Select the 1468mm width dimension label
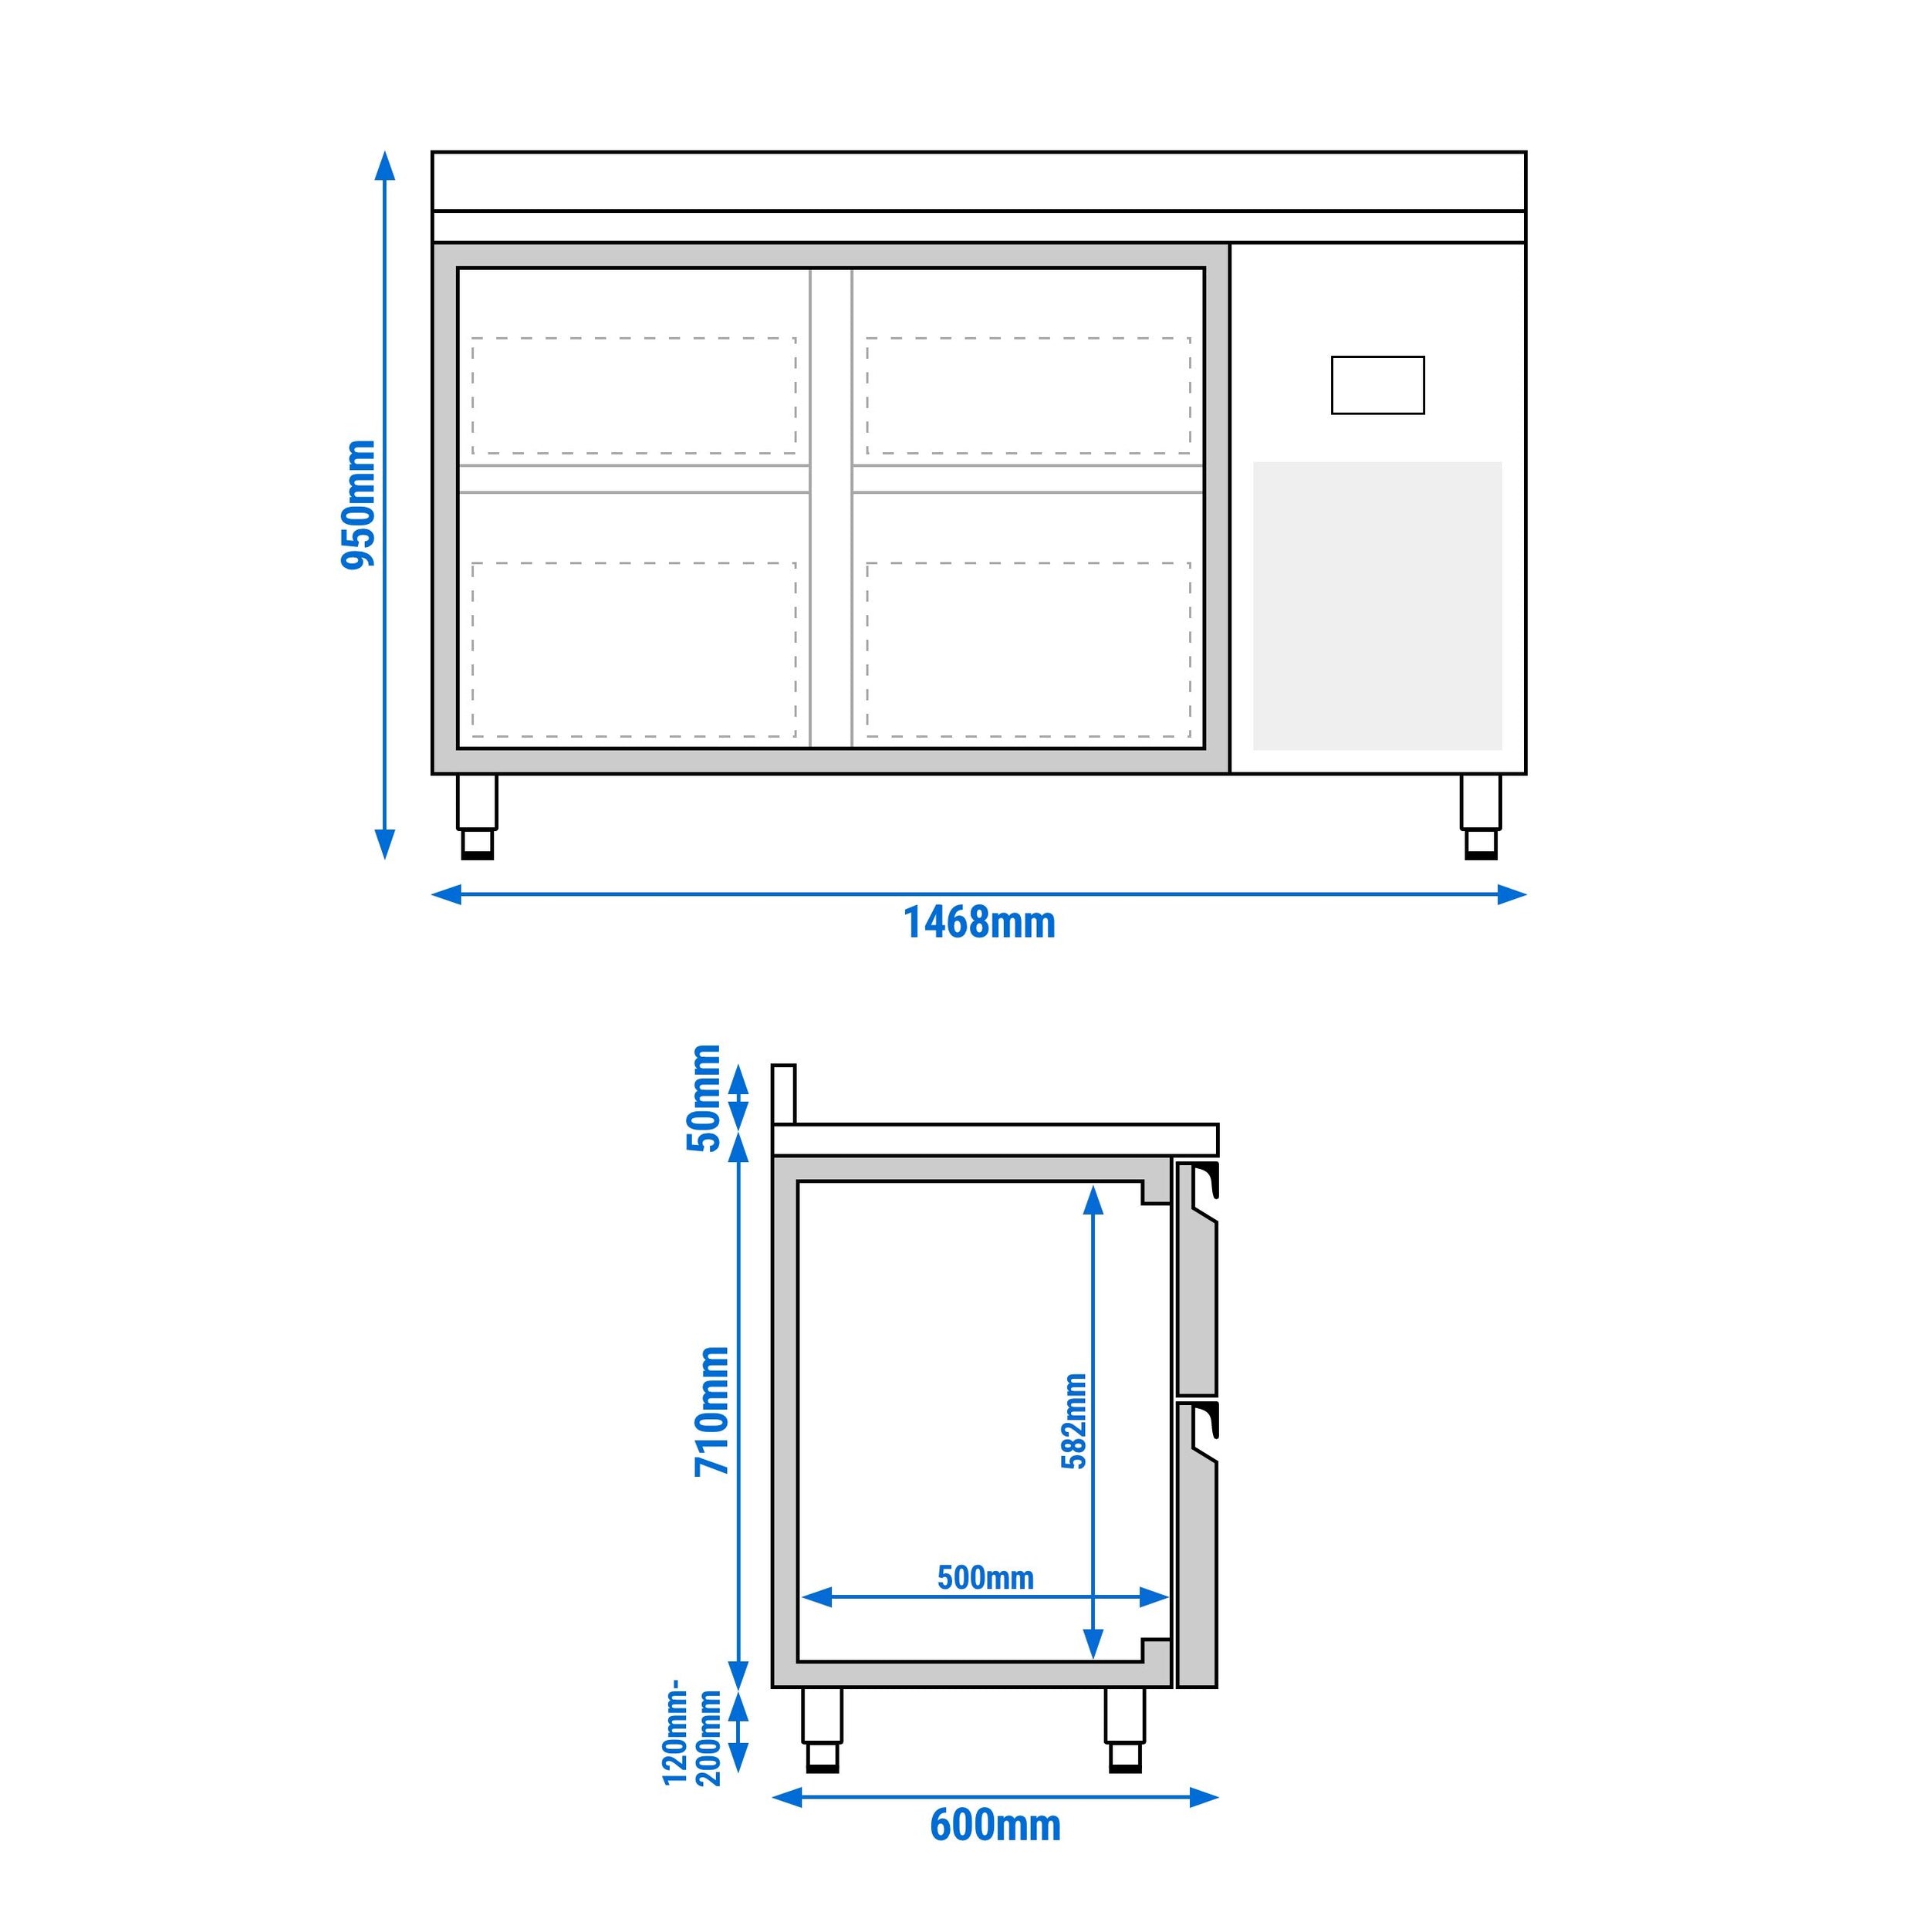click(978, 923)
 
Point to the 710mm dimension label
click(713, 1410)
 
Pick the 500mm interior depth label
click(985, 1578)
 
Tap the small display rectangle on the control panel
click(1377, 385)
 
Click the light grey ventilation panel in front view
click(1377, 605)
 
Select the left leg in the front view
click(476, 816)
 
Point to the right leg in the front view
click(1480, 816)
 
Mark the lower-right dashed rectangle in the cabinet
click(1029, 650)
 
